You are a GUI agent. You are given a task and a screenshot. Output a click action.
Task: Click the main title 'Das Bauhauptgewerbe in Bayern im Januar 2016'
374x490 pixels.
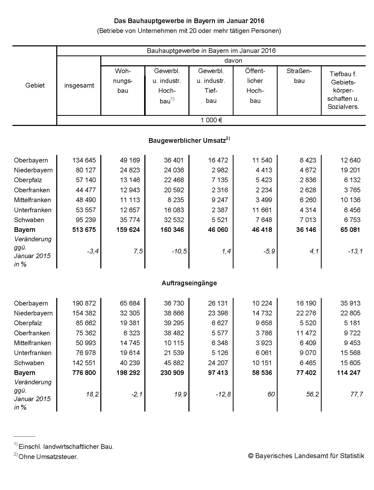[189, 21]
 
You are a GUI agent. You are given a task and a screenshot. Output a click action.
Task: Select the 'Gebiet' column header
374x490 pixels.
[35, 86]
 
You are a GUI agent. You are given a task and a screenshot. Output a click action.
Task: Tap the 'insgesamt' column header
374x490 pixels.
[79, 86]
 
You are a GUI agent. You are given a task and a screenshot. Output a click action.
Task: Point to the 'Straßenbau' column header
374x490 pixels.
[299, 76]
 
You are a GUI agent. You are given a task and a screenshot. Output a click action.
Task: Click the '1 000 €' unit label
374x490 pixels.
[211, 120]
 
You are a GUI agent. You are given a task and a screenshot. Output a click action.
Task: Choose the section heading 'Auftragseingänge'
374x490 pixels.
[189, 283]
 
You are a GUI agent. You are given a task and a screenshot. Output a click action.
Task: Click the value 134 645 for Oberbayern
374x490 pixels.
[84, 160]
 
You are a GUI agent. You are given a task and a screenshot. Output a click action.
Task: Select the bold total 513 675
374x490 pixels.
[84, 230]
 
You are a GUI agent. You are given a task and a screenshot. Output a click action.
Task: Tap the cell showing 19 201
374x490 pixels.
[350, 170]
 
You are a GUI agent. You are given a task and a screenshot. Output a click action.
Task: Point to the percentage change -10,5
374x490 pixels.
[179, 251]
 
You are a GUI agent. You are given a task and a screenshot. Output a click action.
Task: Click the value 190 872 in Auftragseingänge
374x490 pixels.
[84, 303]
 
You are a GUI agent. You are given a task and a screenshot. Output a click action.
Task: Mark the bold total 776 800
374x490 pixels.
[84, 373]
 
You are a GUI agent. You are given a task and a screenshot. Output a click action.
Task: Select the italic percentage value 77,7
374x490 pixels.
[356, 394]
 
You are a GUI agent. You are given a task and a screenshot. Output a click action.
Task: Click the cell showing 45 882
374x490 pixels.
[174, 363]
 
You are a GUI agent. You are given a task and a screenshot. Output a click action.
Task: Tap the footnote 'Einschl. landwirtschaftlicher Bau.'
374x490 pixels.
[66, 447]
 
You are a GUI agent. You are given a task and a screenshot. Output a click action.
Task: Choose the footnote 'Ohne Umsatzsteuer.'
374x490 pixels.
[48, 457]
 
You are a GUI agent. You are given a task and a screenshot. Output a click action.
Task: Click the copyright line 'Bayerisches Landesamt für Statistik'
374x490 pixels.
[306, 456]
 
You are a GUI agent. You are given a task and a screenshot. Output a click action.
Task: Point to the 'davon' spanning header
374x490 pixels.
[233, 61]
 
